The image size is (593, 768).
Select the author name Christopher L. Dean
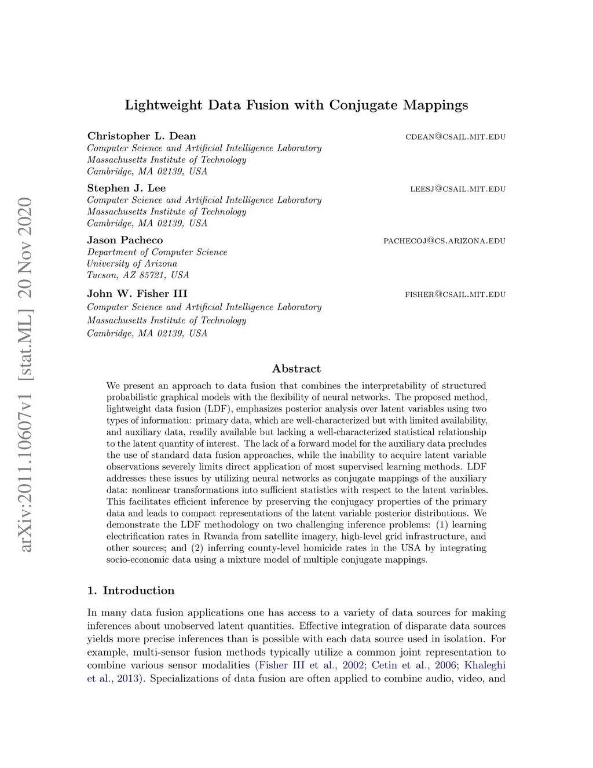(x=141, y=136)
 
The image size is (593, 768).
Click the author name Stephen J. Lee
(x=126, y=188)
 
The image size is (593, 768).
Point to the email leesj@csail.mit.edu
(x=457, y=189)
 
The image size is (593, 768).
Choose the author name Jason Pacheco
(x=125, y=240)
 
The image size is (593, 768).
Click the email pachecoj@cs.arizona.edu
(x=444, y=241)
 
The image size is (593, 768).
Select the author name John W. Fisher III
(x=137, y=293)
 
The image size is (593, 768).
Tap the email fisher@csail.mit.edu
(x=455, y=294)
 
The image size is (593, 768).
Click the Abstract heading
(x=296, y=369)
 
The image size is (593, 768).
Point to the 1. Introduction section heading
(x=131, y=591)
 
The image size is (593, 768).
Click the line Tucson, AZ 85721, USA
(x=138, y=275)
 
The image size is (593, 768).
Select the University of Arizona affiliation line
(x=132, y=264)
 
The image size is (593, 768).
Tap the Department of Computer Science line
(x=157, y=252)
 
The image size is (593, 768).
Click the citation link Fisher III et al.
(x=296, y=665)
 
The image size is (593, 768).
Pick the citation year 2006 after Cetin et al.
(x=445, y=665)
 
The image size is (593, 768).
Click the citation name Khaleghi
(x=485, y=665)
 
